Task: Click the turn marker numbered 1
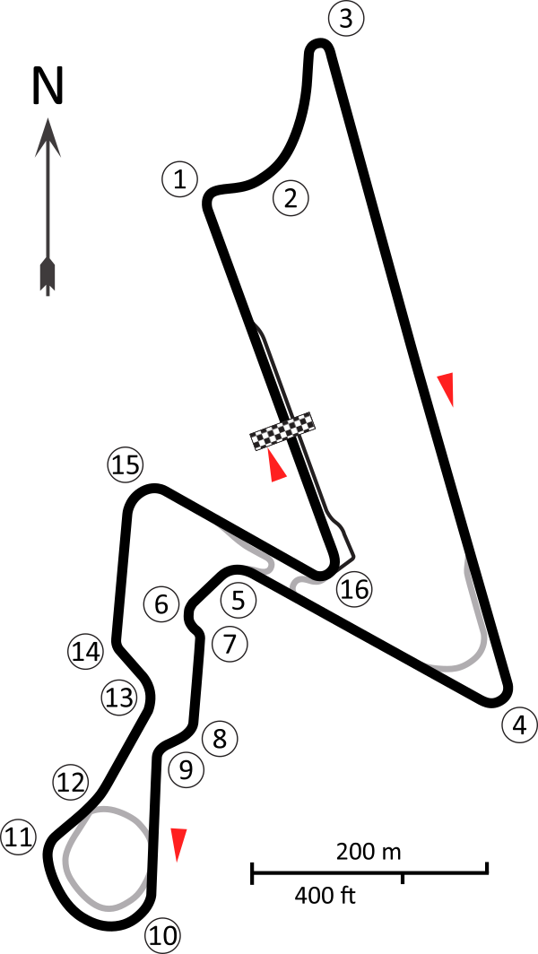[x=179, y=179]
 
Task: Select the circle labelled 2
[x=291, y=199]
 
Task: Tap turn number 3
[x=346, y=19]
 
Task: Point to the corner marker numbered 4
[x=519, y=725]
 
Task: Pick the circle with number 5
[x=239, y=600]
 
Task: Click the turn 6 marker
[x=161, y=604]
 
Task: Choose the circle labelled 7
[x=230, y=644]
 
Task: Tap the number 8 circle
[x=220, y=740]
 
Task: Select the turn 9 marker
[x=187, y=769]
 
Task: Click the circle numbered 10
[x=162, y=936]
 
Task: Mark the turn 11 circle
[x=18, y=837]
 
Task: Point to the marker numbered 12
[x=71, y=782]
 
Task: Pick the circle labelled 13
[x=119, y=698]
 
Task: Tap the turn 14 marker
[x=86, y=652]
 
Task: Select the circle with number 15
[x=126, y=465]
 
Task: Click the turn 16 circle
[x=354, y=589]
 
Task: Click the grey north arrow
[x=48, y=206]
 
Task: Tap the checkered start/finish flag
[x=282, y=431]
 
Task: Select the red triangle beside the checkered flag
[x=275, y=466]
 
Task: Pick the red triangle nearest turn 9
[x=178, y=844]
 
